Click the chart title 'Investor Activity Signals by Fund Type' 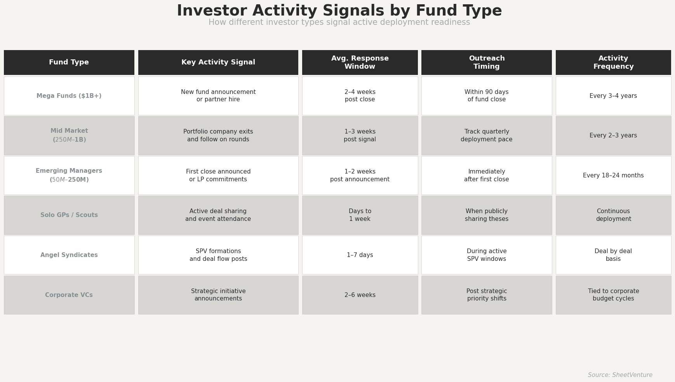point(339,11)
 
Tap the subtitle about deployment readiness point(339,23)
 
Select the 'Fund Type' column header point(69,62)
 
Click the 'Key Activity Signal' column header point(218,62)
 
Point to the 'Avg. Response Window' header point(360,62)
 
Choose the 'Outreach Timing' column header point(486,62)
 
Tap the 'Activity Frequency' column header point(613,62)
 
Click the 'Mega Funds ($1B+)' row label point(69,96)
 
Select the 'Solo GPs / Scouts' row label point(69,215)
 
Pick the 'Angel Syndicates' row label point(69,255)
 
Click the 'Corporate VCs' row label point(69,295)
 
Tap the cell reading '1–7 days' point(360,255)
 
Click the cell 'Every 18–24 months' point(613,175)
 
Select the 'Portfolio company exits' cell point(218,135)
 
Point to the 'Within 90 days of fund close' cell point(486,96)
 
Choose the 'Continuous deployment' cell point(613,215)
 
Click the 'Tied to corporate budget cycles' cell point(613,295)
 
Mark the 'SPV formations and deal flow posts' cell point(218,255)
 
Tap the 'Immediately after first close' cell point(486,175)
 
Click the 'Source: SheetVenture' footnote point(620,375)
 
